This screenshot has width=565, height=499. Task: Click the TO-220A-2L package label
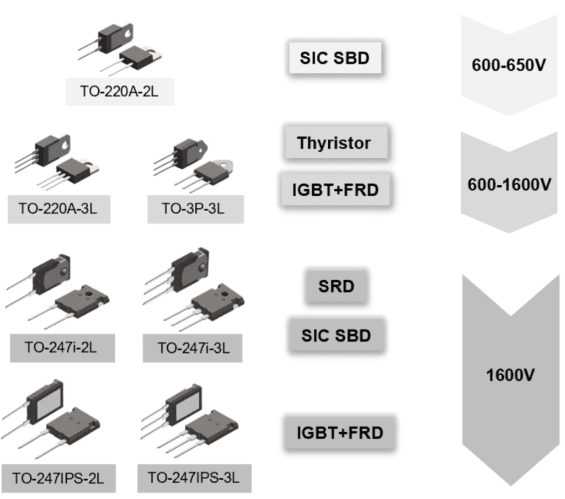(119, 91)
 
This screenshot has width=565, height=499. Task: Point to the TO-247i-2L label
(62, 347)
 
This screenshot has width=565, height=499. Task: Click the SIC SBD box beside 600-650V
(335, 58)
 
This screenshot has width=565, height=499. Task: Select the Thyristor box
(334, 143)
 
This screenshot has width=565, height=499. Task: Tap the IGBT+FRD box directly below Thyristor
(335, 190)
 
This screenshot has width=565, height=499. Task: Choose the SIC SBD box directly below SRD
(335, 335)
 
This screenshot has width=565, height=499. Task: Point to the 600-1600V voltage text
(509, 185)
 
